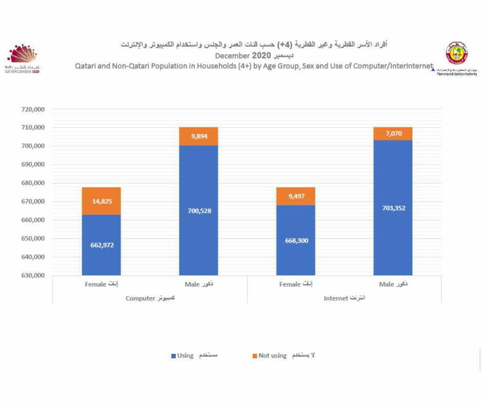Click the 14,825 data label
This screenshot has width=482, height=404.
click(102, 201)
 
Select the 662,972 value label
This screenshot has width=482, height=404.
click(102, 245)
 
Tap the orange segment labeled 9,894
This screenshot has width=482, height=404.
click(198, 136)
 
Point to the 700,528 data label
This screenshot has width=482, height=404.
click(198, 211)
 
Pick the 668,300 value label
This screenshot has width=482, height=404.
click(296, 240)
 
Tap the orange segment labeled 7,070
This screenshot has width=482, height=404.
click(393, 134)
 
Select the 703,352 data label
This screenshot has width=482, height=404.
click(393, 208)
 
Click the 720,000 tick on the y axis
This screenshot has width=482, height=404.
click(32, 109)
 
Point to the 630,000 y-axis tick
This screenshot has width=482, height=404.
click(32, 275)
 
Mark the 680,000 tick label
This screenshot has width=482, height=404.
click(32, 183)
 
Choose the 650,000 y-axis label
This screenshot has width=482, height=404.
click(32, 238)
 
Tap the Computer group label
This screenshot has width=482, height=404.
click(150, 298)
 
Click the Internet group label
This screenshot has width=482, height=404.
click(344, 298)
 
